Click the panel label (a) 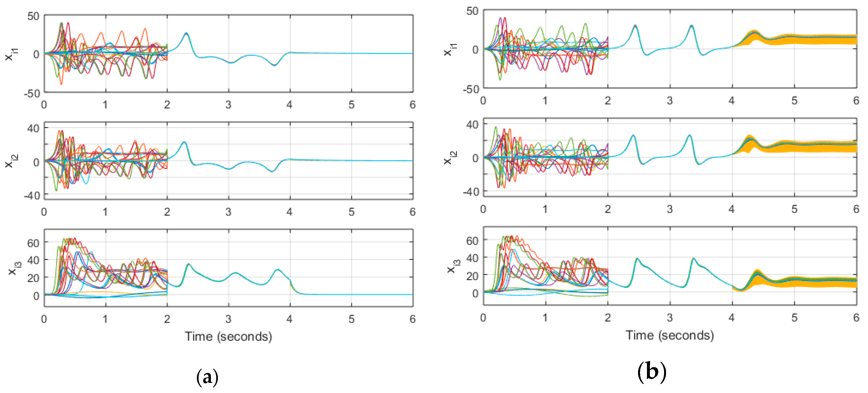207,377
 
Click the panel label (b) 652,372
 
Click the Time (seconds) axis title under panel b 670,335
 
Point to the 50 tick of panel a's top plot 33,16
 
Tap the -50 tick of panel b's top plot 471,89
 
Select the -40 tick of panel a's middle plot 32,195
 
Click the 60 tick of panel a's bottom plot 33,243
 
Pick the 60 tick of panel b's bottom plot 472,241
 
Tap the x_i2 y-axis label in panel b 450,158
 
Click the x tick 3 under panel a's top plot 229,105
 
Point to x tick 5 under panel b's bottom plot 794,317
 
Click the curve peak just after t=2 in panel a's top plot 186,33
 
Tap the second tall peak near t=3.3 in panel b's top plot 691,26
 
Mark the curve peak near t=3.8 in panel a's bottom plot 278,270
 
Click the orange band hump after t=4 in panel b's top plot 754,32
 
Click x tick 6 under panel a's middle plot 412,212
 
